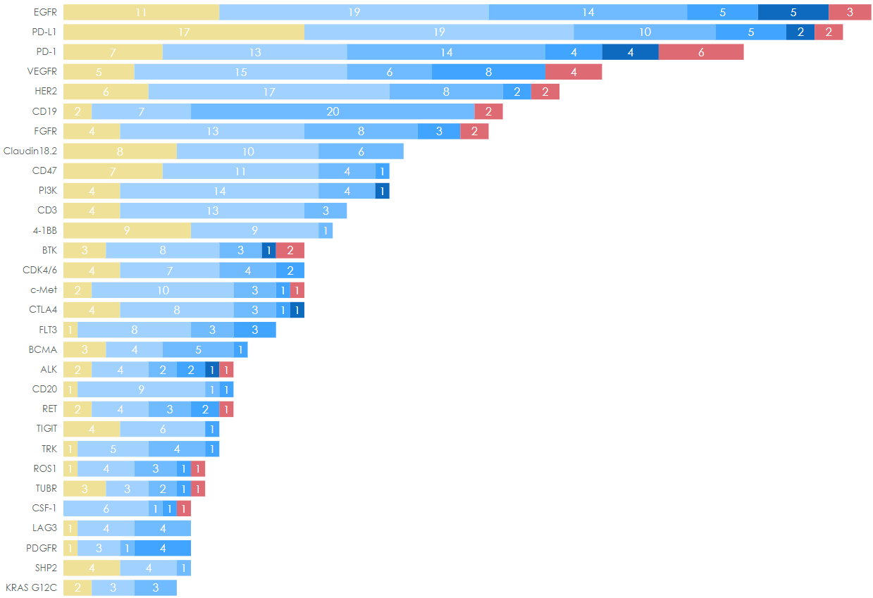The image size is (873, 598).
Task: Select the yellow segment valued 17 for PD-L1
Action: pos(183,32)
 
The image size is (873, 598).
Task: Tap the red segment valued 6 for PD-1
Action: pos(700,52)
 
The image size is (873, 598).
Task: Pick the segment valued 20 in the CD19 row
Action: pos(333,111)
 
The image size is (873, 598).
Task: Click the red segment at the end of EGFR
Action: pos(850,12)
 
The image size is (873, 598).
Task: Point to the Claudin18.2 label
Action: pos(30,151)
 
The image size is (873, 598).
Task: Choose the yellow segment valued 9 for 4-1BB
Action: pos(127,230)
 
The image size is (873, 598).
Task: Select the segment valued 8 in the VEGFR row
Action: pos(488,72)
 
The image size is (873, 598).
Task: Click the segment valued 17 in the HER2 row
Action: pos(268,92)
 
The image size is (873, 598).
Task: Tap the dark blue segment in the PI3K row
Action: pos(382,191)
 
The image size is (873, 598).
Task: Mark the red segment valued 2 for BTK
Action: pos(290,250)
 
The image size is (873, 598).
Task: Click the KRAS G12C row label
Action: pos(32,587)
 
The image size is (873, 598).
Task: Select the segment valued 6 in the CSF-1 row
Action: pos(106,508)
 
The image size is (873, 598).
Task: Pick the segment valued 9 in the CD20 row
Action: pos(141,390)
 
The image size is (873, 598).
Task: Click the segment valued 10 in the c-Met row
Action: pos(162,290)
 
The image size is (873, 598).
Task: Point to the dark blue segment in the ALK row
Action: pos(212,370)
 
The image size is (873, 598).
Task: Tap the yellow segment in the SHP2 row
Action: pos(92,568)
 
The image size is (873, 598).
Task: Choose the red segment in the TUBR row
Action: pos(198,489)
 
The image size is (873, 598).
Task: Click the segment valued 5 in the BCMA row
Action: pos(198,349)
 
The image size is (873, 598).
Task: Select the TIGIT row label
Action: pos(47,428)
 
